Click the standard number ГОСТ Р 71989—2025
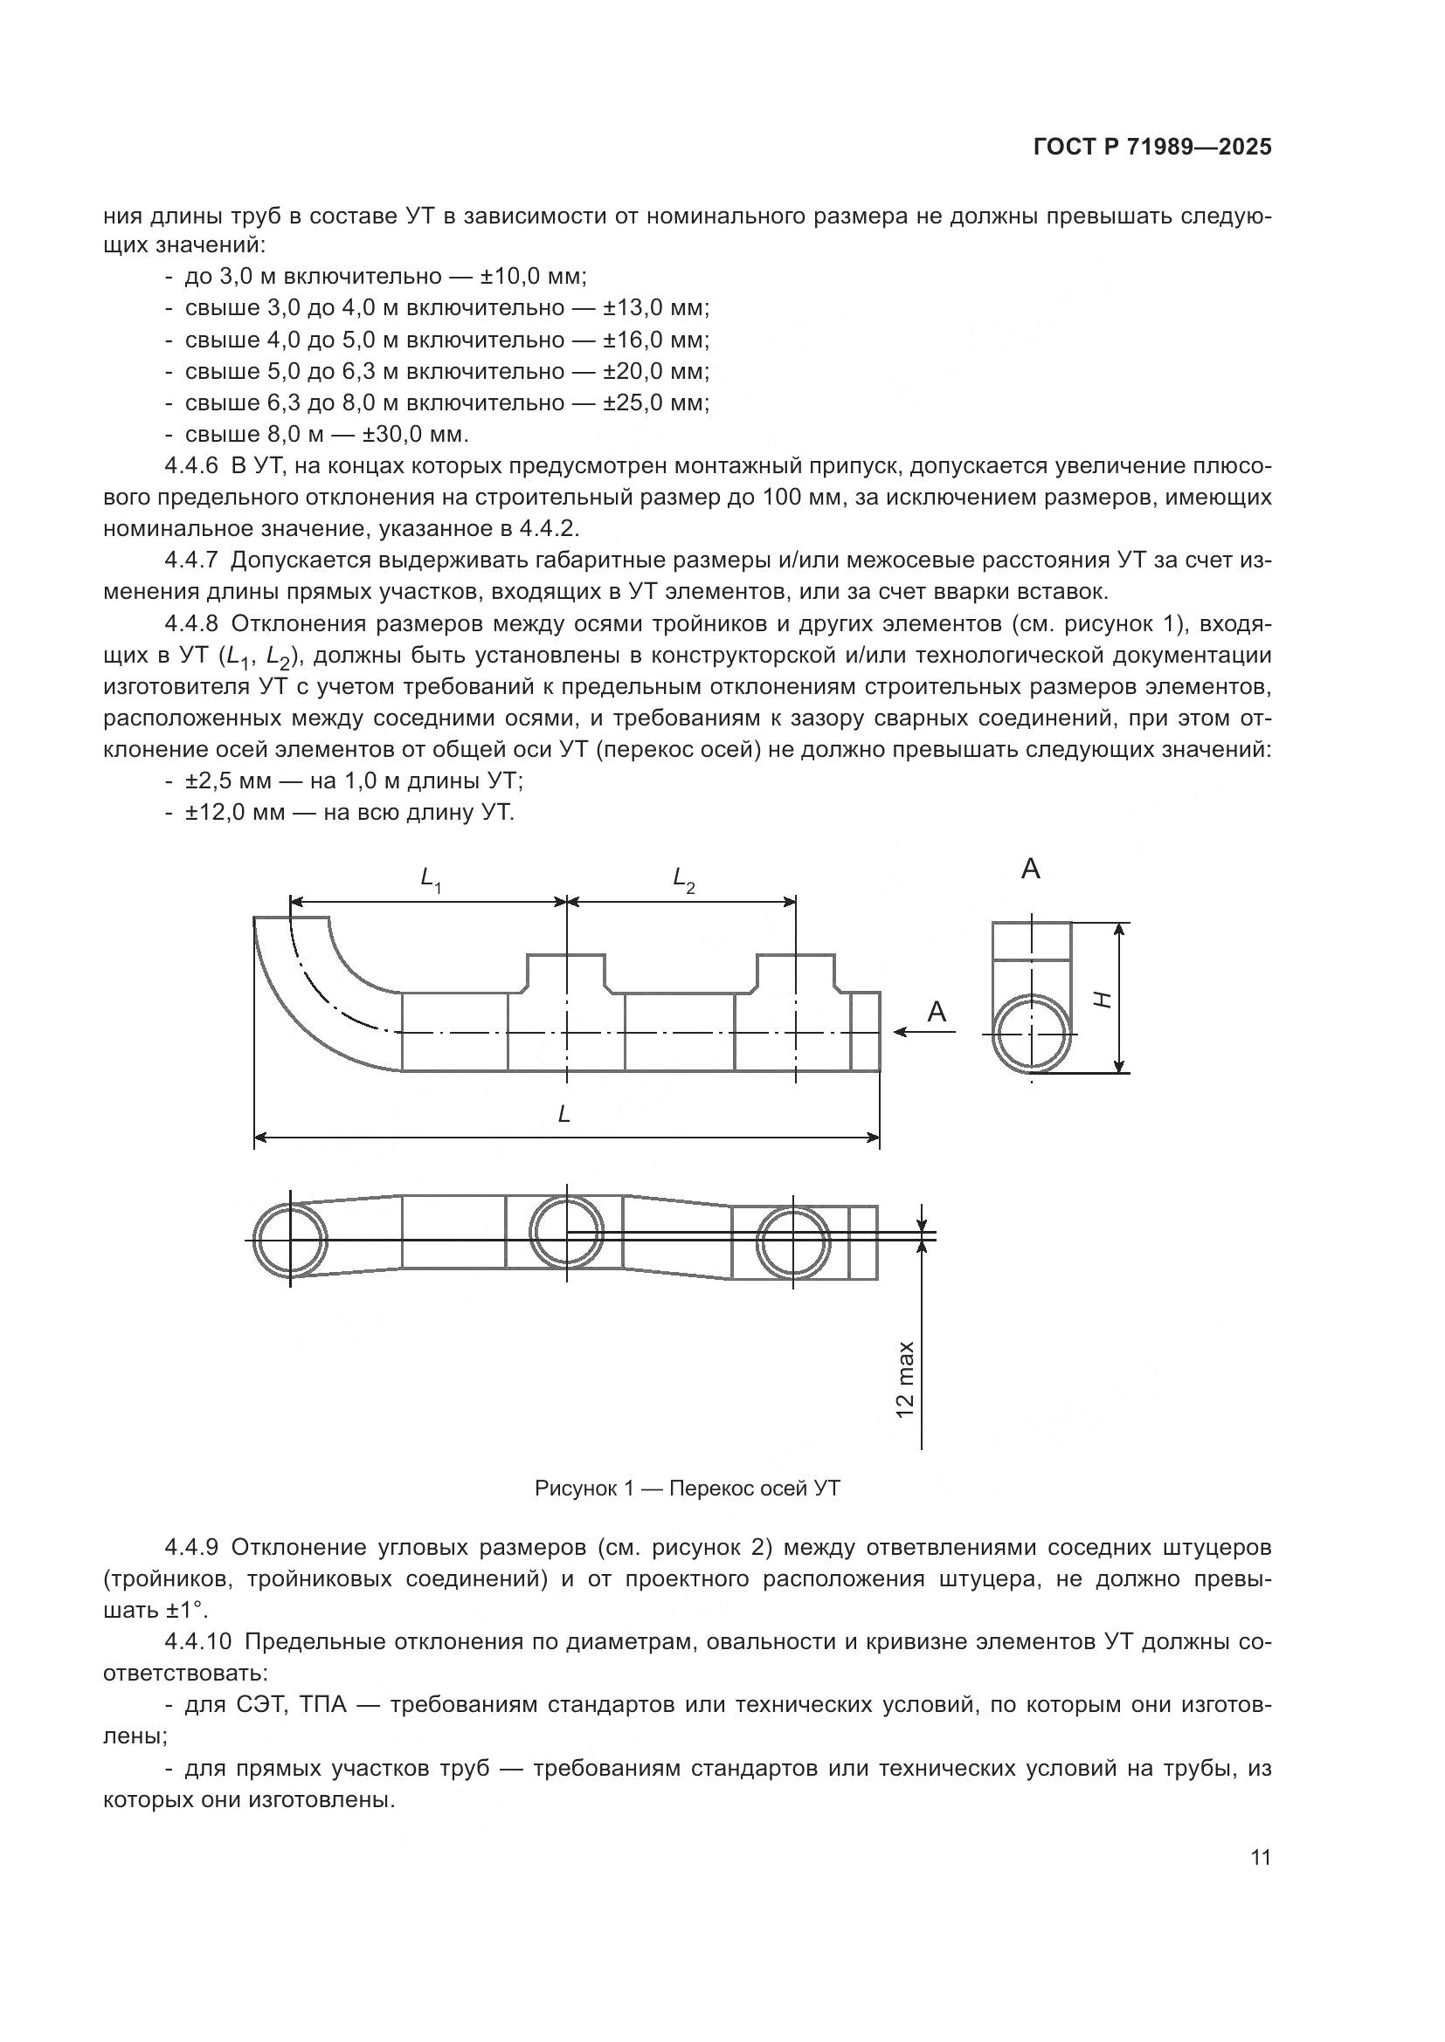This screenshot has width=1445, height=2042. click(x=1152, y=148)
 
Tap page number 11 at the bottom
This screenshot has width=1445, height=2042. click(x=1260, y=1857)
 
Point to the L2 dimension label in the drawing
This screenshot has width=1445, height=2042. click(x=683, y=880)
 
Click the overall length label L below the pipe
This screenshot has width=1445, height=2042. click(x=563, y=1114)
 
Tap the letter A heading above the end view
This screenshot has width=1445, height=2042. click(x=1030, y=869)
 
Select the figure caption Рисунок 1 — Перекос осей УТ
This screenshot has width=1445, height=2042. click(x=687, y=1488)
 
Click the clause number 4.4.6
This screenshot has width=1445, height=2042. click(x=191, y=466)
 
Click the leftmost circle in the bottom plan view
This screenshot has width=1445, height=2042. click(x=290, y=1240)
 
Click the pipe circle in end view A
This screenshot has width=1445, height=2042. click(x=1031, y=1034)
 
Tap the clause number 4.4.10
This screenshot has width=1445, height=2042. click(x=197, y=1642)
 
